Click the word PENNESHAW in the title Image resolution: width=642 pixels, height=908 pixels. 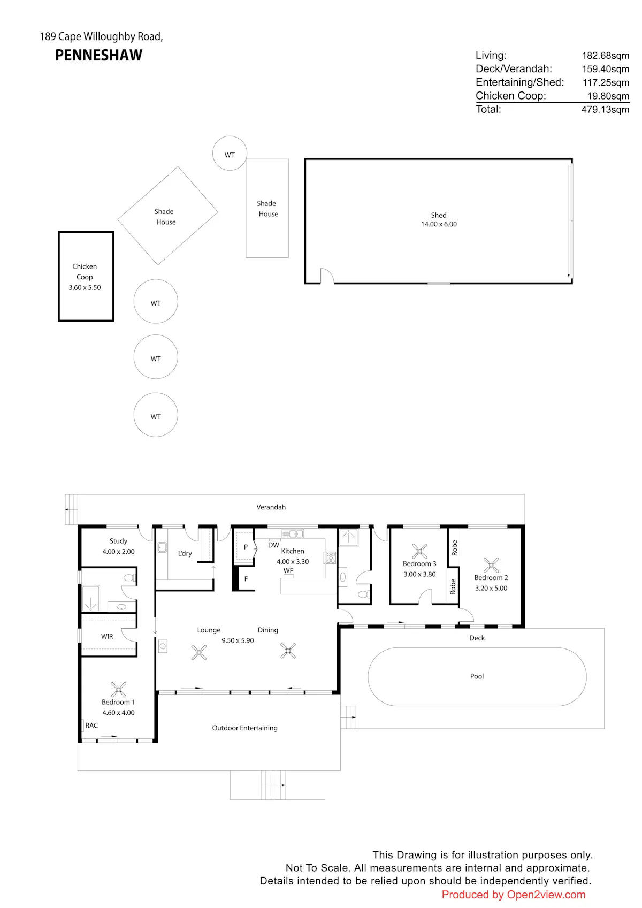tap(98, 55)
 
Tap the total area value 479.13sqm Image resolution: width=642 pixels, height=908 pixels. tap(605, 110)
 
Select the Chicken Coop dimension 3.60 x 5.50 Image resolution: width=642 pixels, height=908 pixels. tap(85, 287)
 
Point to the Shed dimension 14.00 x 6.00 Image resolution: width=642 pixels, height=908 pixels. tap(439, 224)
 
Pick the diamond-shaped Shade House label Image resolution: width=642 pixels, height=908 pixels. tap(165, 217)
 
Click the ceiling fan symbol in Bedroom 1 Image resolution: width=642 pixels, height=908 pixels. tap(118, 689)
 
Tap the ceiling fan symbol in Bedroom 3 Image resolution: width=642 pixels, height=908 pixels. tap(419, 551)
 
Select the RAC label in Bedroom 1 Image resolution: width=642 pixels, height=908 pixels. tap(91, 725)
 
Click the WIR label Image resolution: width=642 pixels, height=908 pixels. tap(107, 636)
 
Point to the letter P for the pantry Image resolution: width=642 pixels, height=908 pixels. tap(246, 546)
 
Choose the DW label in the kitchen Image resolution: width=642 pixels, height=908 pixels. tap(273, 545)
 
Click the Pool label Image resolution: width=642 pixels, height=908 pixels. tap(477, 676)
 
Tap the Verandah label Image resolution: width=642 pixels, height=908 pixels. tap(271, 507)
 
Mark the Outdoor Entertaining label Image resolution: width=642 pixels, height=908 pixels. tap(245, 728)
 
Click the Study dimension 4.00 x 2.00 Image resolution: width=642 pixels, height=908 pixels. tap(118, 551)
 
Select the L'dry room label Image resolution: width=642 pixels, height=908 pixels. tap(185, 553)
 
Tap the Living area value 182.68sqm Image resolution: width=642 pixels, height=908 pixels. tap(606, 56)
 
